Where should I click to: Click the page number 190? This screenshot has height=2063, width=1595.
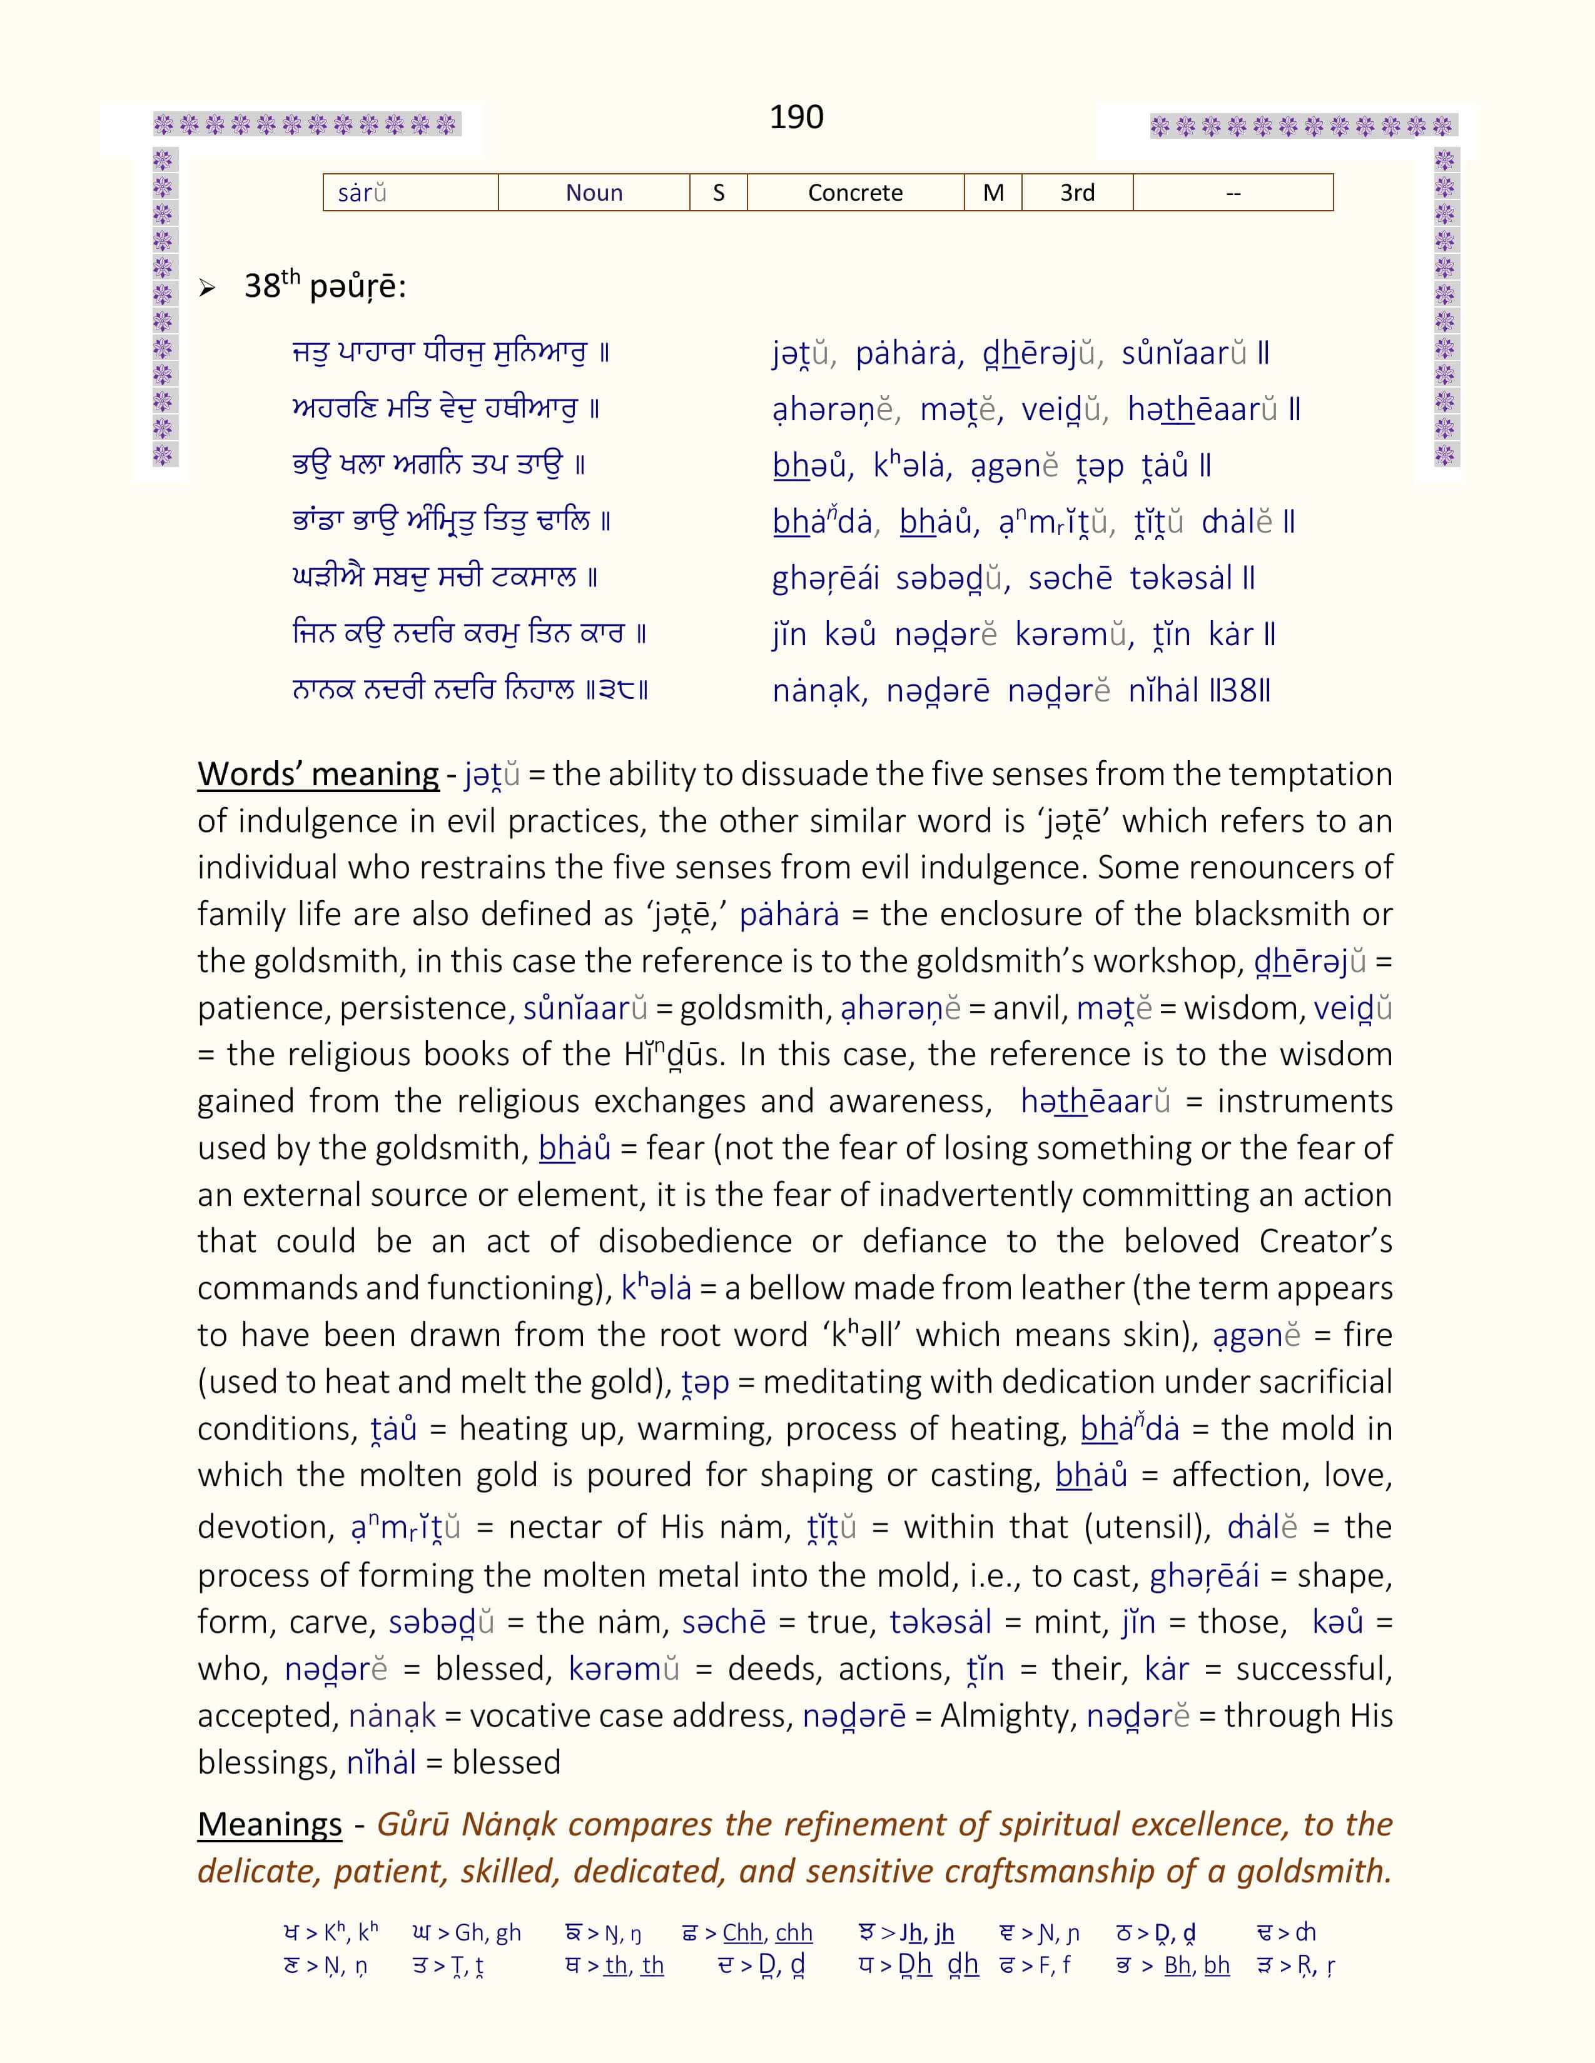tap(796, 117)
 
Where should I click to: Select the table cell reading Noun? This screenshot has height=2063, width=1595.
tap(594, 193)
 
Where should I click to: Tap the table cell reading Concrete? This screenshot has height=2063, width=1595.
tap(855, 193)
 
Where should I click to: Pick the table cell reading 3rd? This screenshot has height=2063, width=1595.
tap(1077, 193)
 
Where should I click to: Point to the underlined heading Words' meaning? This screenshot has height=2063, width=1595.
tap(318, 774)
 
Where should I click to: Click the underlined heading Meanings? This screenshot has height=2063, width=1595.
tap(270, 1824)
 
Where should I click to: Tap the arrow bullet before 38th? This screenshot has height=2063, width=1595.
tap(207, 288)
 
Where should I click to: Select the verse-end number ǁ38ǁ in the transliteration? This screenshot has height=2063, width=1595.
tap(1241, 691)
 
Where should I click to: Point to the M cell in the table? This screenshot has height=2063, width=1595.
tap(993, 193)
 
